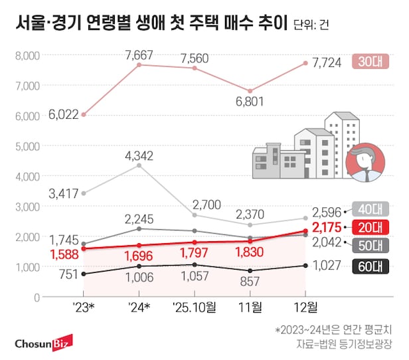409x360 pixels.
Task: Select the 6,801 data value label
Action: tap(250, 102)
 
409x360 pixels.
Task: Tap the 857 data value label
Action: tap(250, 282)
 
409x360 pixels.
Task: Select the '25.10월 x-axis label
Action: tap(194, 308)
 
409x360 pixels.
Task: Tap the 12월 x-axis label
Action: tap(305, 308)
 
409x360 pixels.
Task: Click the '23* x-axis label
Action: tap(84, 308)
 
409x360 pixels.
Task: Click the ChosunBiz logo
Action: tap(43, 343)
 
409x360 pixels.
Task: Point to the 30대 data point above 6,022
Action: tap(84, 114)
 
